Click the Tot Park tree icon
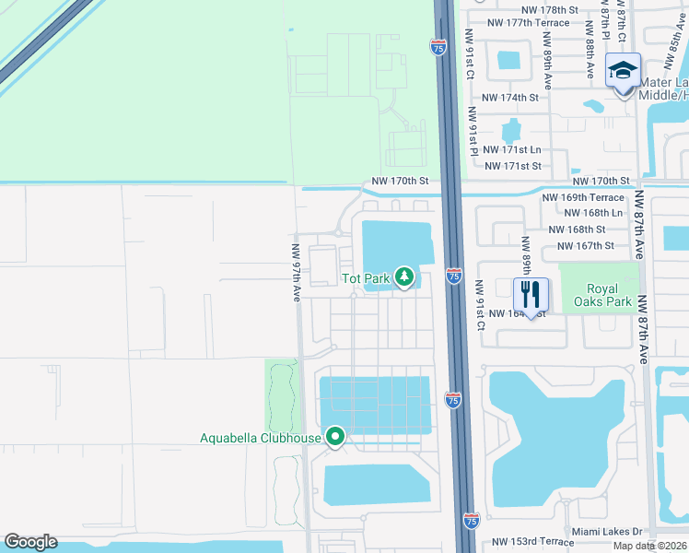point(403,276)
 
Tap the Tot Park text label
point(365,277)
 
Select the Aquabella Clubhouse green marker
point(335,437)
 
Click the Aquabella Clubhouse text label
point(261,438)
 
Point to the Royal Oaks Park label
point(602,295)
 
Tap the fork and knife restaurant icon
point(531,295)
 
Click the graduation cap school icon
point(623,71)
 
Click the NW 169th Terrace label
point(583,197)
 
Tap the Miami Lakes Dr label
point(605,532)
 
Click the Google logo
point(30,542)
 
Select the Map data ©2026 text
point(649,546)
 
